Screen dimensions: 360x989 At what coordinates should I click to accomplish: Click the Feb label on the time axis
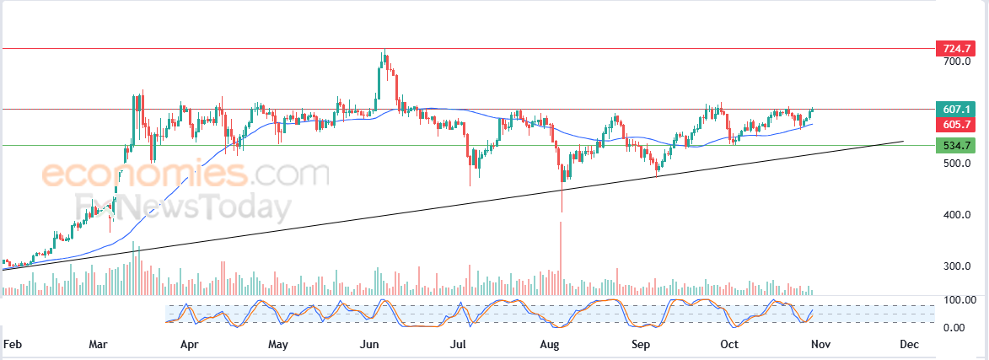tap(12, 345)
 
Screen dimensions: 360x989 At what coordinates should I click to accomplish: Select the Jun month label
tap(368, 345)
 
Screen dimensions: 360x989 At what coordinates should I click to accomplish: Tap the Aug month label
tap(550, 345)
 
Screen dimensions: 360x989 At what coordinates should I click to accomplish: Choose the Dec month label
tap(908, 345)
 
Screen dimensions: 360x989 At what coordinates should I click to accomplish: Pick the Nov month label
tap(820, 345)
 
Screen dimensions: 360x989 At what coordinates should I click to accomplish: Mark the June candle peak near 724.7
tap(384, 51)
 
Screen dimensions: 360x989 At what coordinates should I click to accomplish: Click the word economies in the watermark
tap(143, 175)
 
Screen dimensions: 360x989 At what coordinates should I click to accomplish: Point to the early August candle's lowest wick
tap(562, 211)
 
